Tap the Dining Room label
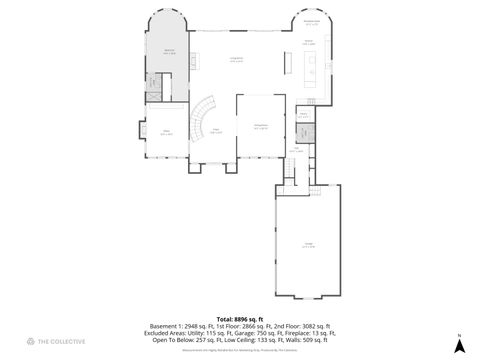point(261,125)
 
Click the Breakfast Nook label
point(311,22)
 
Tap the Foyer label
point(214,130)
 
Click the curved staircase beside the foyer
point(203,113)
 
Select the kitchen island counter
point(288,62)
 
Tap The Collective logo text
point(60,343)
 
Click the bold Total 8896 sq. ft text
point(241,318)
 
